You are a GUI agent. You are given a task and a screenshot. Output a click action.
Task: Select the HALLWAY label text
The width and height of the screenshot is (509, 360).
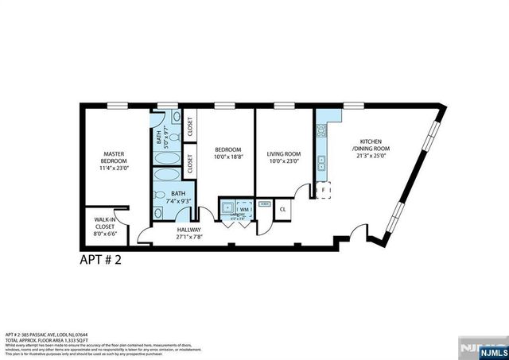pos(190,231)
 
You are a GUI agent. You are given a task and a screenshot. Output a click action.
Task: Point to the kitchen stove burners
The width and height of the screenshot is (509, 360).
pos(322,132)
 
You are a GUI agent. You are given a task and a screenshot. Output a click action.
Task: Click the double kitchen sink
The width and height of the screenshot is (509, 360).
pos(322,165)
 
